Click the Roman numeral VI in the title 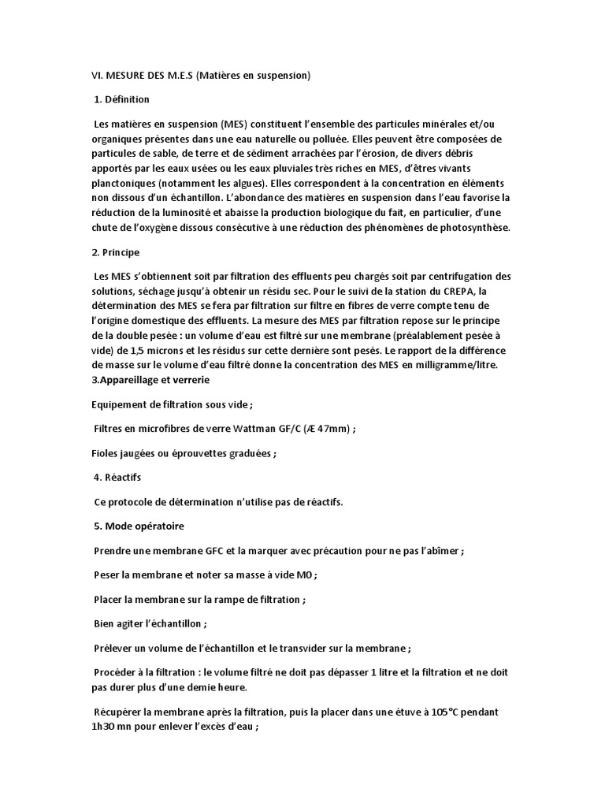point(89,76)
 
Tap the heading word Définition point(127,100)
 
